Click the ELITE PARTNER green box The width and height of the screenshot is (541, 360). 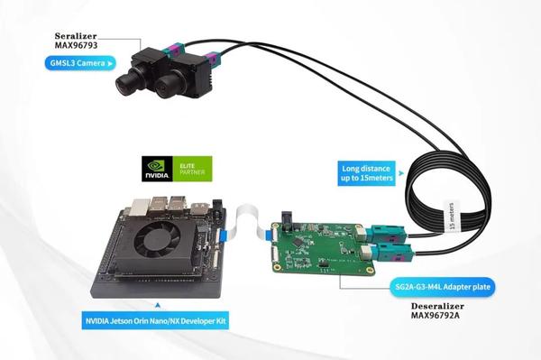[191, 169]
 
